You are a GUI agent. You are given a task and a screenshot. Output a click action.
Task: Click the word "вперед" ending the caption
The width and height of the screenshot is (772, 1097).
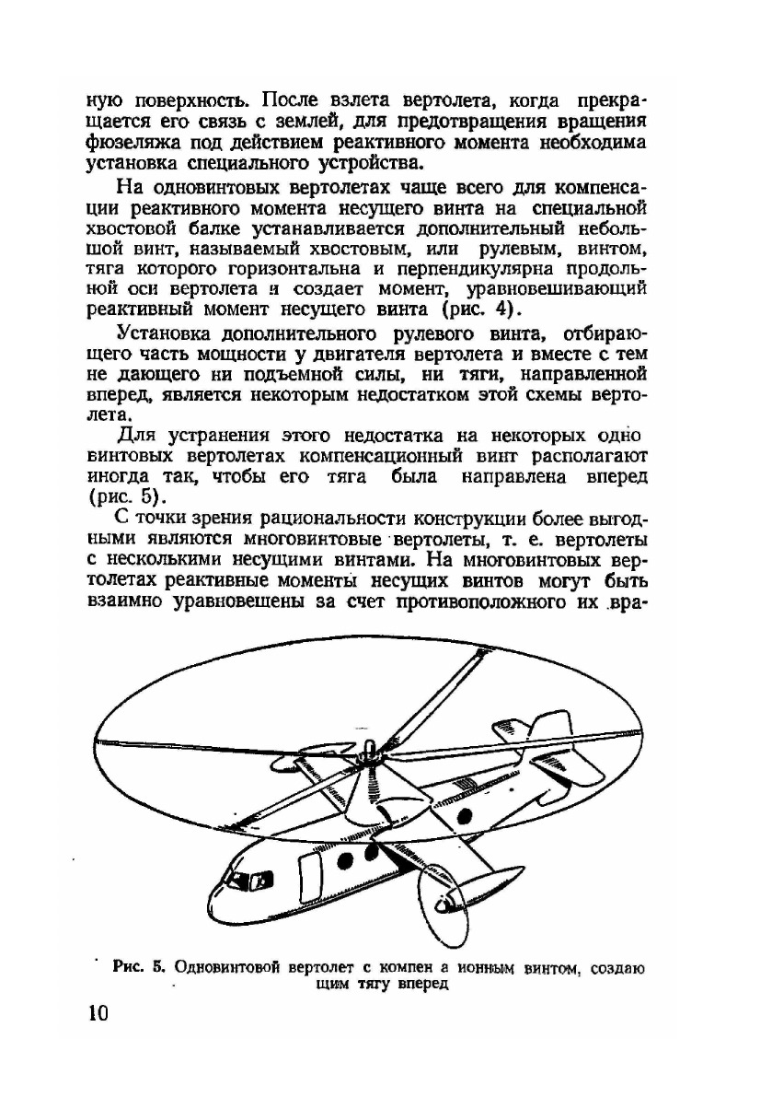tap(424, 984)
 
